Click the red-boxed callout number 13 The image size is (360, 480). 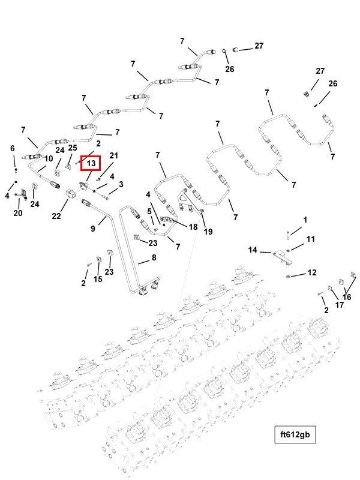tap(91, 163)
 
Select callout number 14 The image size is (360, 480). tap(253, 250)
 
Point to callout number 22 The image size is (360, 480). tap(56, 216)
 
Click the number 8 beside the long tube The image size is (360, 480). tap(154, 258)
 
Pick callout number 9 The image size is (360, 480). tap(94, 228)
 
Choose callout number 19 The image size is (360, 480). tap(208, 232)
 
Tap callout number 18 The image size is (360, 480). tap(193, 227)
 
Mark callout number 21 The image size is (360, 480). tap(114, 156)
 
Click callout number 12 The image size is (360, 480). tap(312, 273)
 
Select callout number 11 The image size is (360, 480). tap(310, 239)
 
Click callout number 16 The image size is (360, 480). tap(347, 296)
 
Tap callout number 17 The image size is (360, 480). tap(340, 305)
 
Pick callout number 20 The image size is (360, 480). tap(18, 213)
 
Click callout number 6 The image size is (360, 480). tap(12, 148)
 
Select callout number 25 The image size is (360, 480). tap(73, 148)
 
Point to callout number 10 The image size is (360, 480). tap(49, 158)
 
